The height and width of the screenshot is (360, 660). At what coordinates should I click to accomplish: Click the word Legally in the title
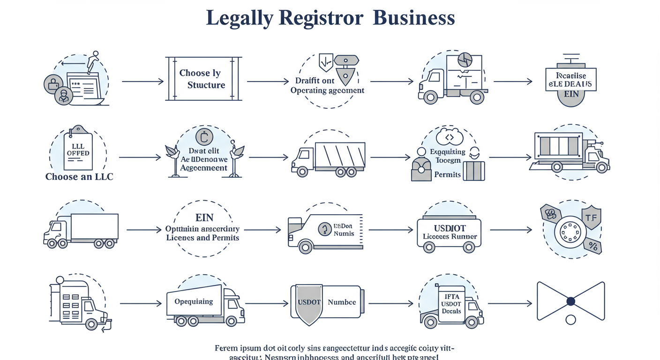pos(239,18)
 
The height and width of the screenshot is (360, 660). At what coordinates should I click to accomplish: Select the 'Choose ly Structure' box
pos(203,79)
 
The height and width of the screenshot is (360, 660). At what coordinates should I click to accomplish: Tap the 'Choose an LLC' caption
pos(79,177)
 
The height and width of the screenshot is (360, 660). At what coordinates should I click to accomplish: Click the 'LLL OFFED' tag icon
pos(78,149)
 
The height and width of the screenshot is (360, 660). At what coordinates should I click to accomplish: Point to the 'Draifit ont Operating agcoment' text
pos(327,85)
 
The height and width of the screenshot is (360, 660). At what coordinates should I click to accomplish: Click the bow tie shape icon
pos(570,301)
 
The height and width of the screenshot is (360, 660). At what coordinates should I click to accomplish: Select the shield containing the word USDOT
pos(309,303)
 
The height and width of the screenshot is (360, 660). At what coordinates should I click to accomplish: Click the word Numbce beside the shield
pos(342,302)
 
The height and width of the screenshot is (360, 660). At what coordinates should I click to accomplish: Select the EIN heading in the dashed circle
pos(204,218)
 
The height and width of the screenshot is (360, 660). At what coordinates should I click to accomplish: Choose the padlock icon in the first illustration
pos(53,84)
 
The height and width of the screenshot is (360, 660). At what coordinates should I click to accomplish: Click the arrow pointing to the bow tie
pos(510,303)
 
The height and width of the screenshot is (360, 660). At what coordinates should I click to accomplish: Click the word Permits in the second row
pos(447,174)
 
